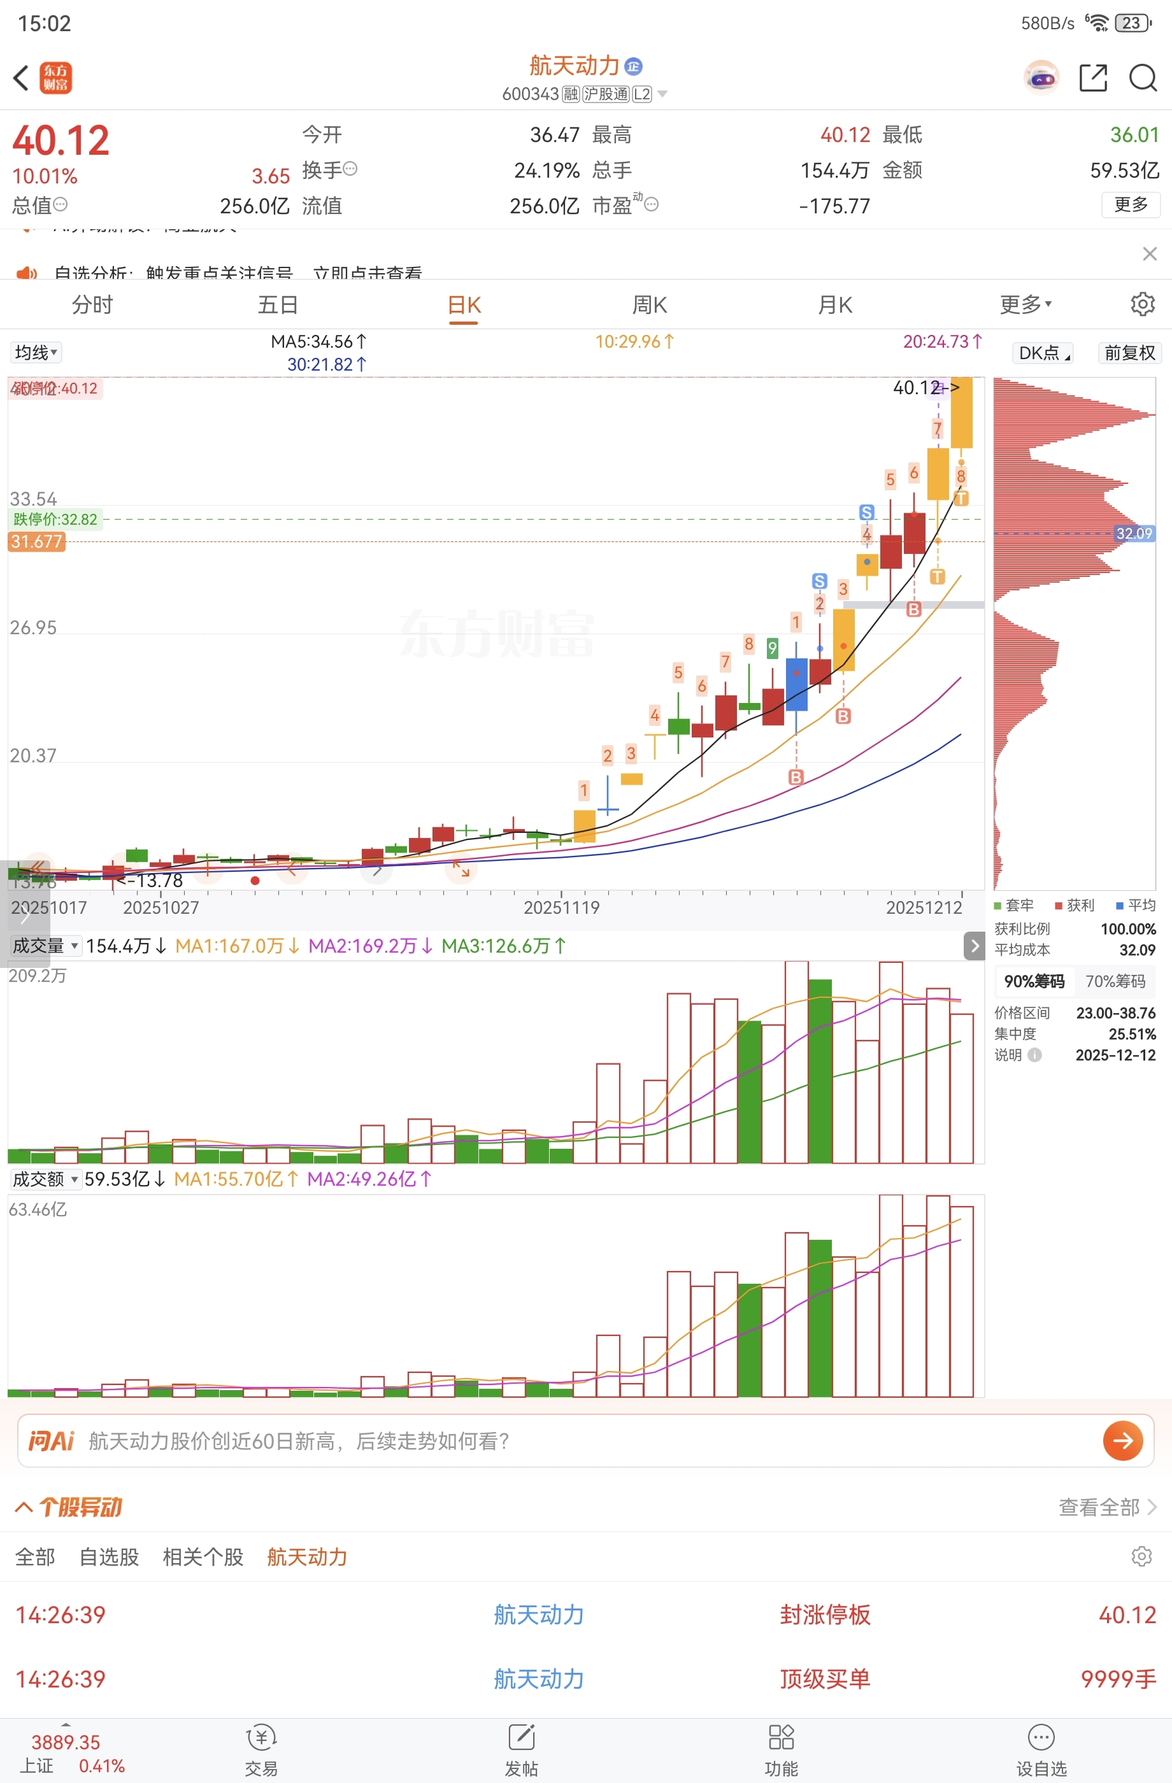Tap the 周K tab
649,305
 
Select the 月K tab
835,305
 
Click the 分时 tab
92,305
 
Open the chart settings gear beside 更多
1142,304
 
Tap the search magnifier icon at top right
1143,77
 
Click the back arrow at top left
21,77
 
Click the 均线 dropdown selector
35,353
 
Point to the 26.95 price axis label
33,628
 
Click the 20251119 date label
561,908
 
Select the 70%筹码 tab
1115,981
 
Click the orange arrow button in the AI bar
1122,1440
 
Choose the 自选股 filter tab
110,1557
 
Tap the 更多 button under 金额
1130,204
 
